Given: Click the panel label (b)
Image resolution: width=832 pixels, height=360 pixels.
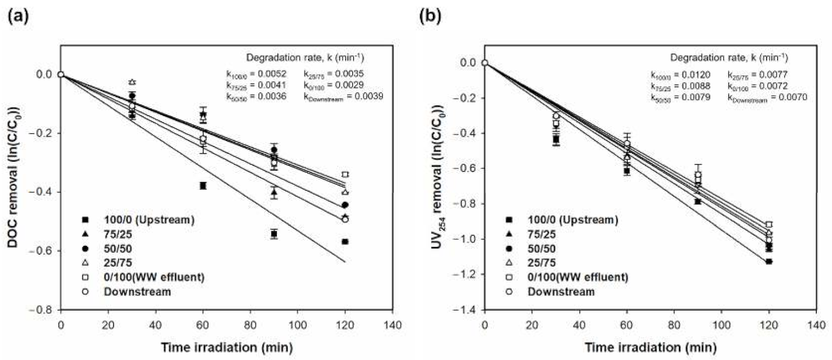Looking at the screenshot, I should pos(431,16).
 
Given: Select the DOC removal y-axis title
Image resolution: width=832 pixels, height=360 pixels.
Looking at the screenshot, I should pos(12,176).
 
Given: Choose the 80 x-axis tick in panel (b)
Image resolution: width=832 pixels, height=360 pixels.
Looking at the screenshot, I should pos(674,325).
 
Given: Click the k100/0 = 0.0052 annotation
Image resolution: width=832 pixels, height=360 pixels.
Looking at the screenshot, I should pos(256,75).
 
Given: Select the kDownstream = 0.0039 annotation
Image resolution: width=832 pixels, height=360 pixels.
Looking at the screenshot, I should pos(343,96).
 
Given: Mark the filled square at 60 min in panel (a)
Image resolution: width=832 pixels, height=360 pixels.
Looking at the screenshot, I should pos(203,186).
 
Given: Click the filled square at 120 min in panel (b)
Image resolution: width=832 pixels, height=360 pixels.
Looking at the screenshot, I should pos(769,261).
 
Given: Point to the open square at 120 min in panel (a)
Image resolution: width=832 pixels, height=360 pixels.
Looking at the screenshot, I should pos(345,174).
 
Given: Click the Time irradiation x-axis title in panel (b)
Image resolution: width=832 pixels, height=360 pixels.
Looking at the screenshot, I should pos(650,348).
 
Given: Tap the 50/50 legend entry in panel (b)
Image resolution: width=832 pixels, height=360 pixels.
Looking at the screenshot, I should pos(541,248).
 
